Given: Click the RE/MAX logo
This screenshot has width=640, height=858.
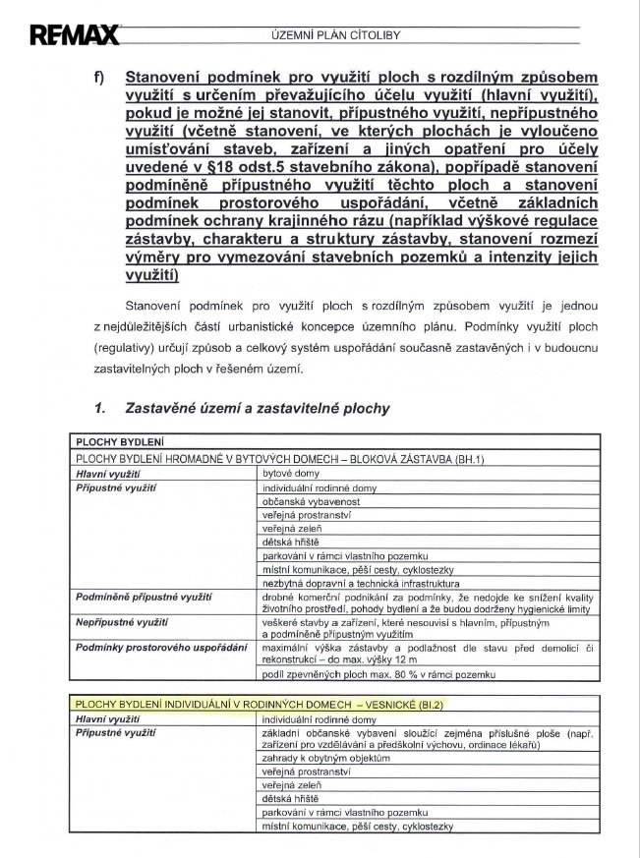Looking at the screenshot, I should (74, 37).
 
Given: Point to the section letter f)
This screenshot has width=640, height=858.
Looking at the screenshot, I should (98, 77).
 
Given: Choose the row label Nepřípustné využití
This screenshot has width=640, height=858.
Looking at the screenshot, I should (123, 623).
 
